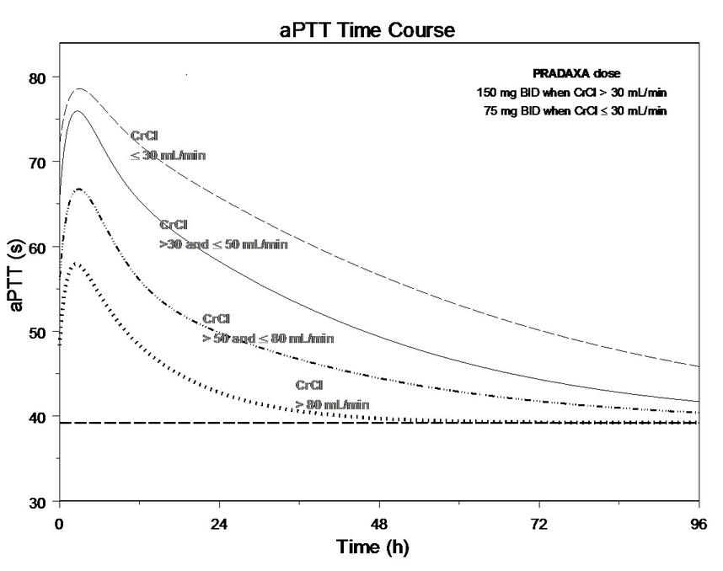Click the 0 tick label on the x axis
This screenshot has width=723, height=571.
[59, 524]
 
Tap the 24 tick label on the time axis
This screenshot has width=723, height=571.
[219, 524]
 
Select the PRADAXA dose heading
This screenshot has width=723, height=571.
[576, 74]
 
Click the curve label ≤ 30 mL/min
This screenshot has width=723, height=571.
[168, 155]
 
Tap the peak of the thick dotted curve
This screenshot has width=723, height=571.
[76, 264]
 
